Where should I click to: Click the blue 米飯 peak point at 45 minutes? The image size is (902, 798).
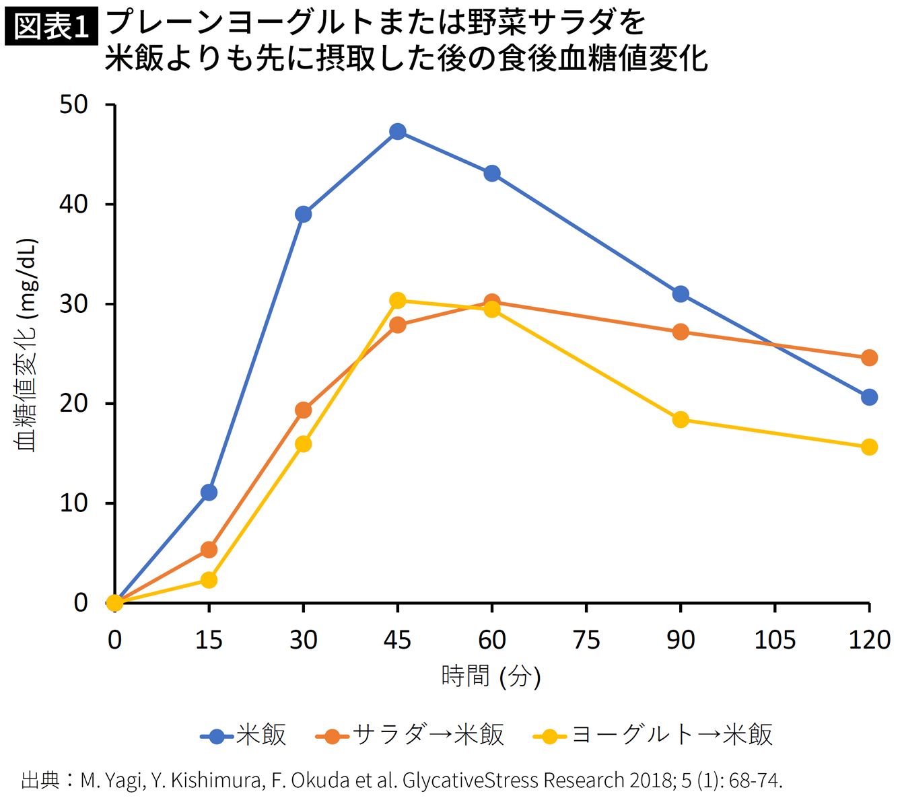pos(398,132)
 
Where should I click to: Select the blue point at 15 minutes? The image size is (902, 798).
pos(209,493)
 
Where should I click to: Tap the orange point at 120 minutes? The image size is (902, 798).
pos(869,358)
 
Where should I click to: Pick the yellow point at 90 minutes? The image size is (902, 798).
pos(681,419)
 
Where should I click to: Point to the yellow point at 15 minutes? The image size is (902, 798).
pos(209,581)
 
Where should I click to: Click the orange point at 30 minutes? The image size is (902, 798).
pos(303,410)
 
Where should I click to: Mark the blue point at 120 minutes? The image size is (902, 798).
pos(869,397)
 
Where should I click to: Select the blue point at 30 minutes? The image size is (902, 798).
pos(303,215)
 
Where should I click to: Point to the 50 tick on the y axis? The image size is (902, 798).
pos(110,104)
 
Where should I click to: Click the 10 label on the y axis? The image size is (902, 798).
pos(73,503)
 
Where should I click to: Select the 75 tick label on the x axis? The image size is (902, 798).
pos(586,640)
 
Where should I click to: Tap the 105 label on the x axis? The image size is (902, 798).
pos(775,640)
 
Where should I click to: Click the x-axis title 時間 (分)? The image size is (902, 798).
pos(491,676)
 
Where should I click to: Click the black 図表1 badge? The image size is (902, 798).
pos(52,26)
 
